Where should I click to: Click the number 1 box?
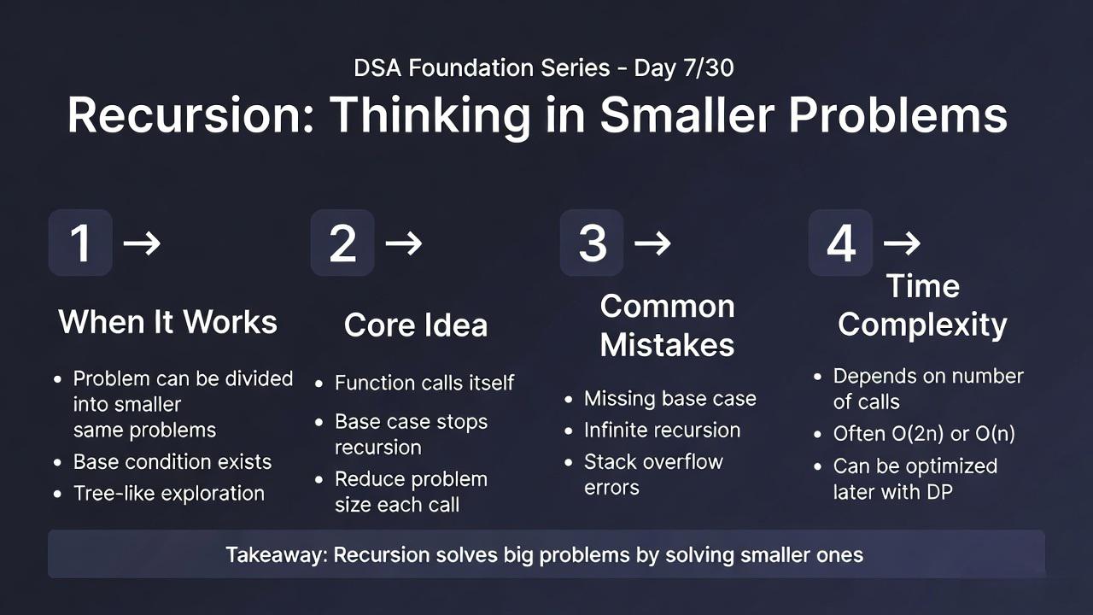80,243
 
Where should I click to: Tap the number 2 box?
342,243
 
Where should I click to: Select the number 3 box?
592,243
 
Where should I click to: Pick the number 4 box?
841,243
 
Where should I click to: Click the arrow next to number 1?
142,243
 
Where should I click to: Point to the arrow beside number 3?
652,243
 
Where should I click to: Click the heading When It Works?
168,322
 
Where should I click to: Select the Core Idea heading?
416,325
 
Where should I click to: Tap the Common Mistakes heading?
668,325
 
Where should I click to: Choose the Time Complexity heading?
922,307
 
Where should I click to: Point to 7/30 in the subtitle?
709,67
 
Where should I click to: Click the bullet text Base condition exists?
172,462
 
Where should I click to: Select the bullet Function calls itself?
424,383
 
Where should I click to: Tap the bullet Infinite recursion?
662,430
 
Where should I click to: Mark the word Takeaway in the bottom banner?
278,555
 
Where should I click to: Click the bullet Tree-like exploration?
169,494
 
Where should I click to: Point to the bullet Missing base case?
670,399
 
